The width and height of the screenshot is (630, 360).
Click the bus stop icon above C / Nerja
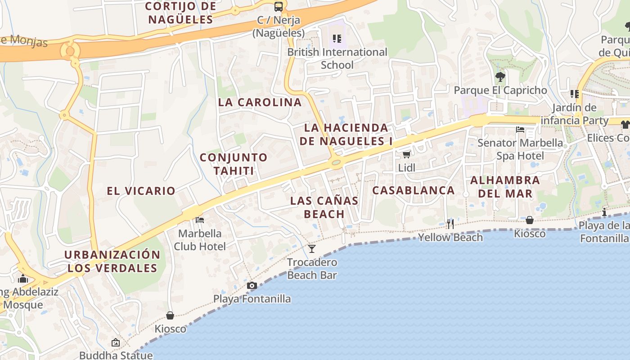[279, 7]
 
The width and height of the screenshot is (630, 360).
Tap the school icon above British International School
[337, 39]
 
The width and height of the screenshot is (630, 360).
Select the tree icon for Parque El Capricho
[500, 77]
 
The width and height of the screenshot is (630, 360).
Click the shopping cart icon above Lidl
[406, 155]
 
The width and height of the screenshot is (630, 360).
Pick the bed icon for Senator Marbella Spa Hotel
[520, 130]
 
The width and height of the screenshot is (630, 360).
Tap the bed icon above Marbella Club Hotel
[200, 220]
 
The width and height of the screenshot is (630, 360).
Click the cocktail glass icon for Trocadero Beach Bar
[312, 248]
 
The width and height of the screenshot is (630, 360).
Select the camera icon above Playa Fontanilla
[252, 285]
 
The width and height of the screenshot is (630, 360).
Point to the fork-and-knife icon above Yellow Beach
[450, 224]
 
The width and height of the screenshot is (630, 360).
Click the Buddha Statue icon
[116, 343]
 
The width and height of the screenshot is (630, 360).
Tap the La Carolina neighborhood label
[260, 102]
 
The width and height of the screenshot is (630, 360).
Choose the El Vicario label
[141, 191]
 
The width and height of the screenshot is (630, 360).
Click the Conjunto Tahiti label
[234, 164]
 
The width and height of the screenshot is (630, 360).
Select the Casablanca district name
[414, 190]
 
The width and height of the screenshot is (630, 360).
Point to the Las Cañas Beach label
[324, 207]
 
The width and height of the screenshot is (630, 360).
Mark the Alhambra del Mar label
[505, 187]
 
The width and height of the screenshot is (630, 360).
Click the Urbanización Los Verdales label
[112, 261]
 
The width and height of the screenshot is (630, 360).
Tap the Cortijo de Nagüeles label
[180, 13]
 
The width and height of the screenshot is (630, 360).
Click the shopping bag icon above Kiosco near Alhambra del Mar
[530, 220]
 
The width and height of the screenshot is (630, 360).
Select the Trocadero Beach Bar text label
[312, 269]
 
